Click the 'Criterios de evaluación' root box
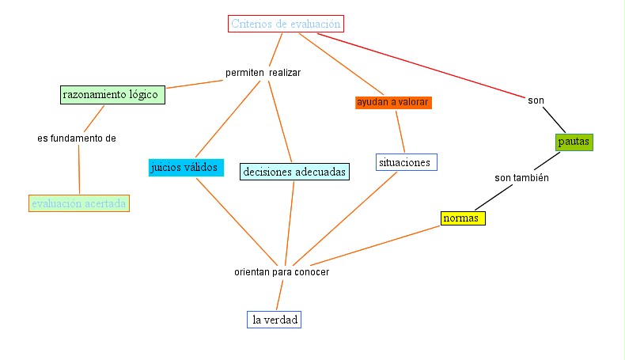[286, 24]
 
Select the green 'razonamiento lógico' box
[112, 95]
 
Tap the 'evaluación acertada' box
[78, 203]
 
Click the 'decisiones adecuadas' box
[294, 171]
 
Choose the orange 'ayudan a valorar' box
[393, 103]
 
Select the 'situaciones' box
[406, 162]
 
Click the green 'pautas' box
[574, 142]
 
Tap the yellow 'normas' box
[463, 218]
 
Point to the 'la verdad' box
[274, 320]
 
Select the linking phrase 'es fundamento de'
[77, 138]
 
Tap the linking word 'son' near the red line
[536, 100]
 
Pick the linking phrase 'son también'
[521, 178]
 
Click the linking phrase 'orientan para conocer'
[281, 271]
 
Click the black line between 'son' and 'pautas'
[555, 119]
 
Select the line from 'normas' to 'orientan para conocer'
[372, 244]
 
